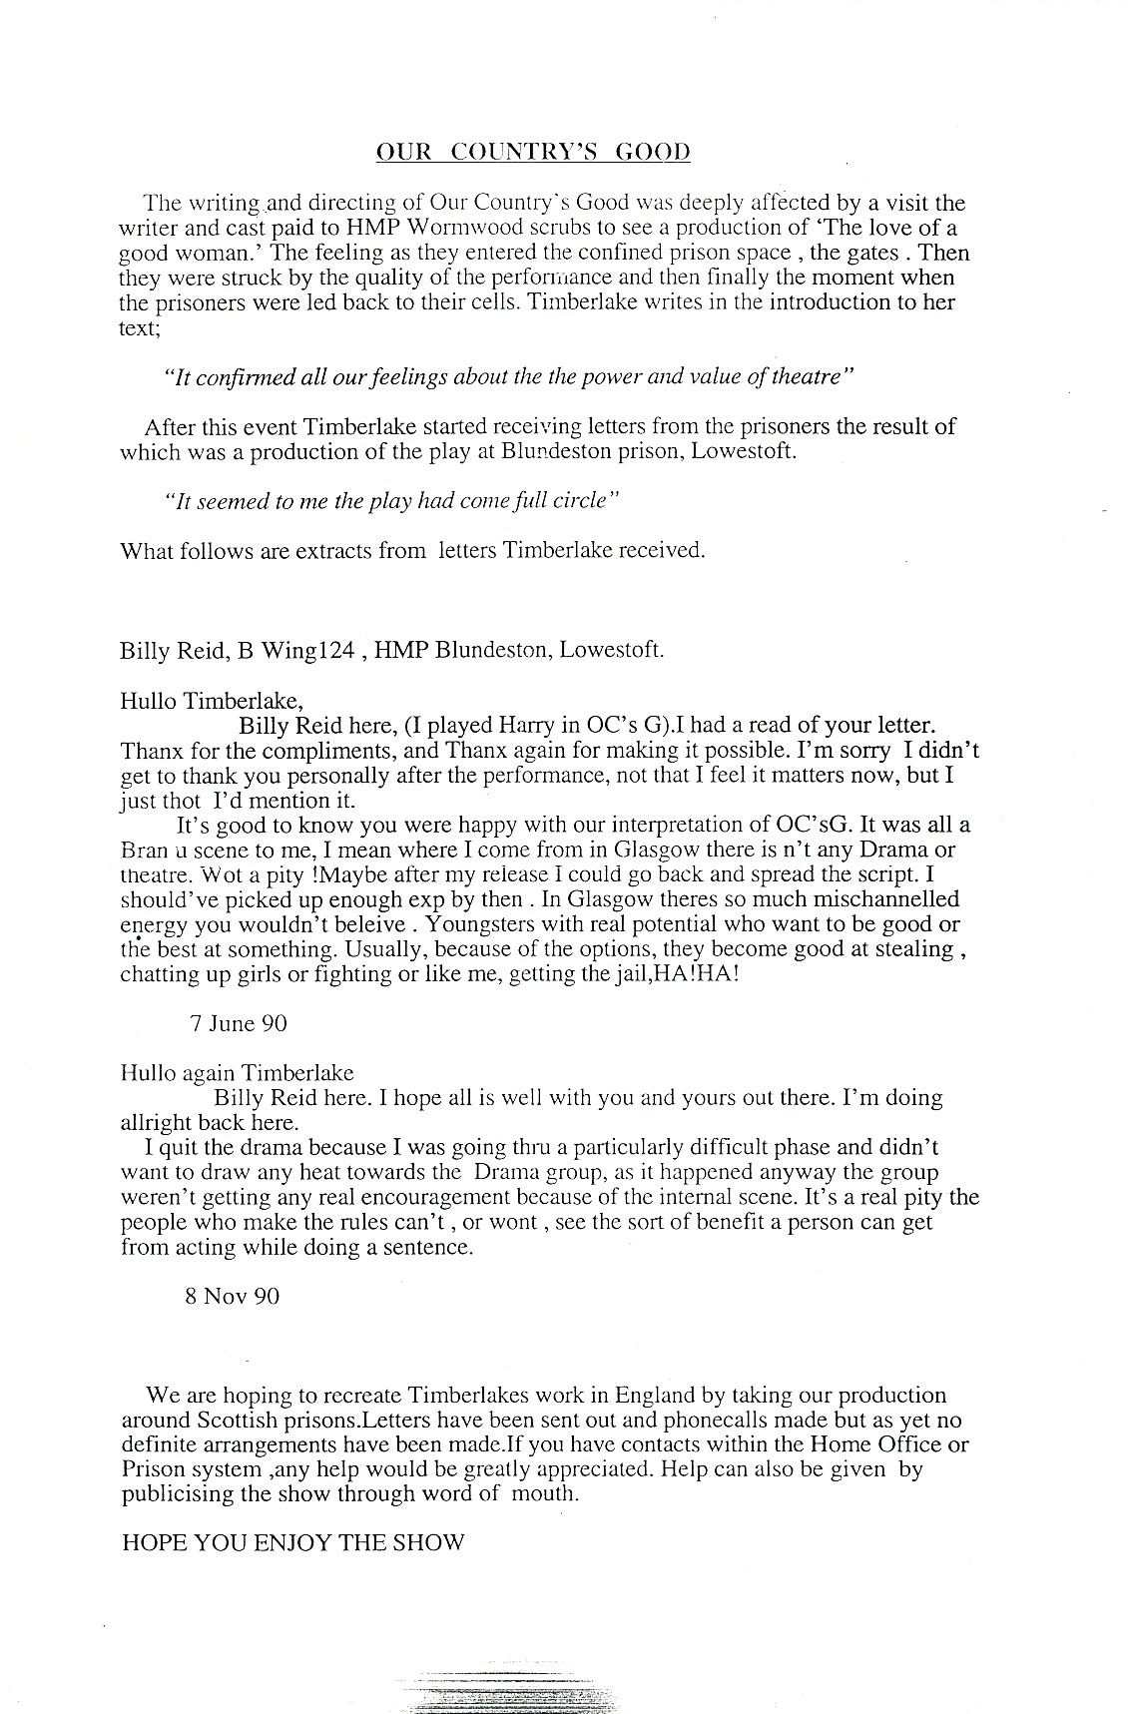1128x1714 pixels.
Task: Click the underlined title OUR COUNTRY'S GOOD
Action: [x=533, y=152]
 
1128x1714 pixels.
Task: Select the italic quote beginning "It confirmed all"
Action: [x=509, y=377]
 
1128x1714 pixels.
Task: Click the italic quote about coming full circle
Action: [x=392, y=501]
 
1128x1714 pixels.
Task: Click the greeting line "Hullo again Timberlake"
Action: [x=237, y=1073]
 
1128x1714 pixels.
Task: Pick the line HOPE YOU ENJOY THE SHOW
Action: [x=292, y=1542]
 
